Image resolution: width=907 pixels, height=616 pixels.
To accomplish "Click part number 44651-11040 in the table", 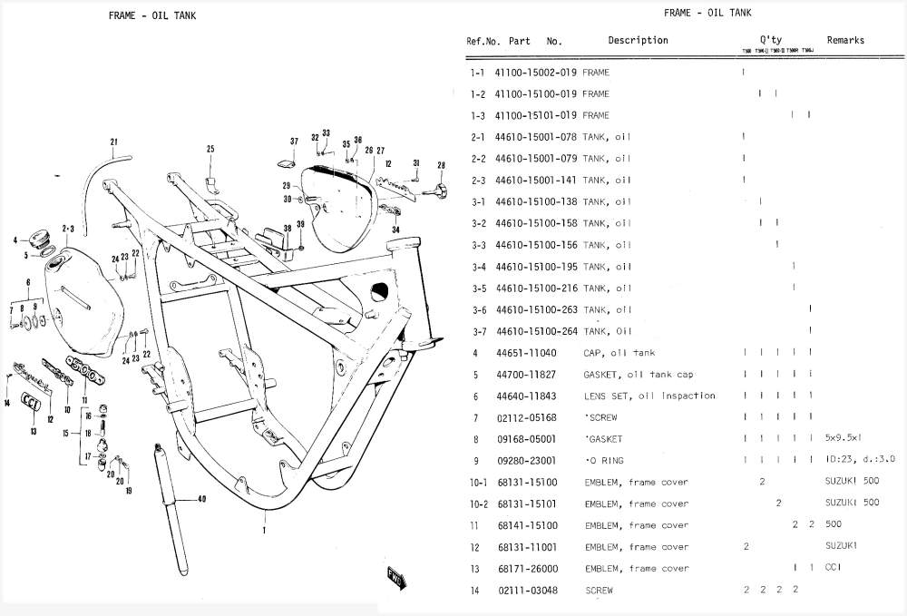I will point(526,353).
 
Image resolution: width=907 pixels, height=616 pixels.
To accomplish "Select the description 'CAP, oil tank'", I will point(619,353).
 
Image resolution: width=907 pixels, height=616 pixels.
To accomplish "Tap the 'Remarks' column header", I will point(845,40).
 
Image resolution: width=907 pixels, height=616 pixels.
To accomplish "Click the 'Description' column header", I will point(638,40).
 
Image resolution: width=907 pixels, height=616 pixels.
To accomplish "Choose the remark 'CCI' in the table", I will point(833,569).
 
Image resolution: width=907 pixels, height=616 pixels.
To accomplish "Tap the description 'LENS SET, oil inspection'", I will point(649,396).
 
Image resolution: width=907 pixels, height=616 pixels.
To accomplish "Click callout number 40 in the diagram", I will point(201,498).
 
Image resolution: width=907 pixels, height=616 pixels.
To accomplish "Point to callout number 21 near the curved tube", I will point(114,142).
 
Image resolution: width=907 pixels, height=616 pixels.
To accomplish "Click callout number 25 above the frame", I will point(210,150).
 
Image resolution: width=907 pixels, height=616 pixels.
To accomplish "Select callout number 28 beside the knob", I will point(441,166).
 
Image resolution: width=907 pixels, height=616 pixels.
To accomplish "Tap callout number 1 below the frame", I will point(264,529).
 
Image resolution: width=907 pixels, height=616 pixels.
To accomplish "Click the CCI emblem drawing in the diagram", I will point(30,403).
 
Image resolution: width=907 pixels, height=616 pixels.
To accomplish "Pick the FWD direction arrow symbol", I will point(395,576).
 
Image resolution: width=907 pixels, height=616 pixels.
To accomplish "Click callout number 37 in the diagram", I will point(294,142).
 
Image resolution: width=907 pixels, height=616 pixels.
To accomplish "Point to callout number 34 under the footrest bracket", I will point(395,230).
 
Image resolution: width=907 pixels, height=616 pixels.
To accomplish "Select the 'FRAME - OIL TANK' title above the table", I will point(707,13).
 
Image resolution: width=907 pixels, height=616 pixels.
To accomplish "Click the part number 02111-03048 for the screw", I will point(526,591).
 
